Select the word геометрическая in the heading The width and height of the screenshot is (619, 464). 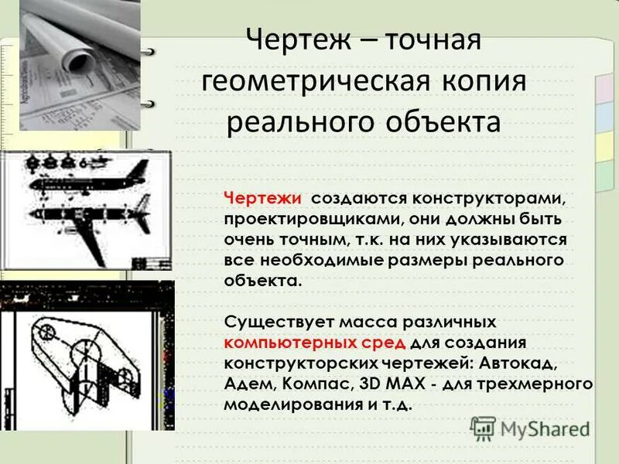(313, 81)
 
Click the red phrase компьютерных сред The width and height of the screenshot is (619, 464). (315, 341)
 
